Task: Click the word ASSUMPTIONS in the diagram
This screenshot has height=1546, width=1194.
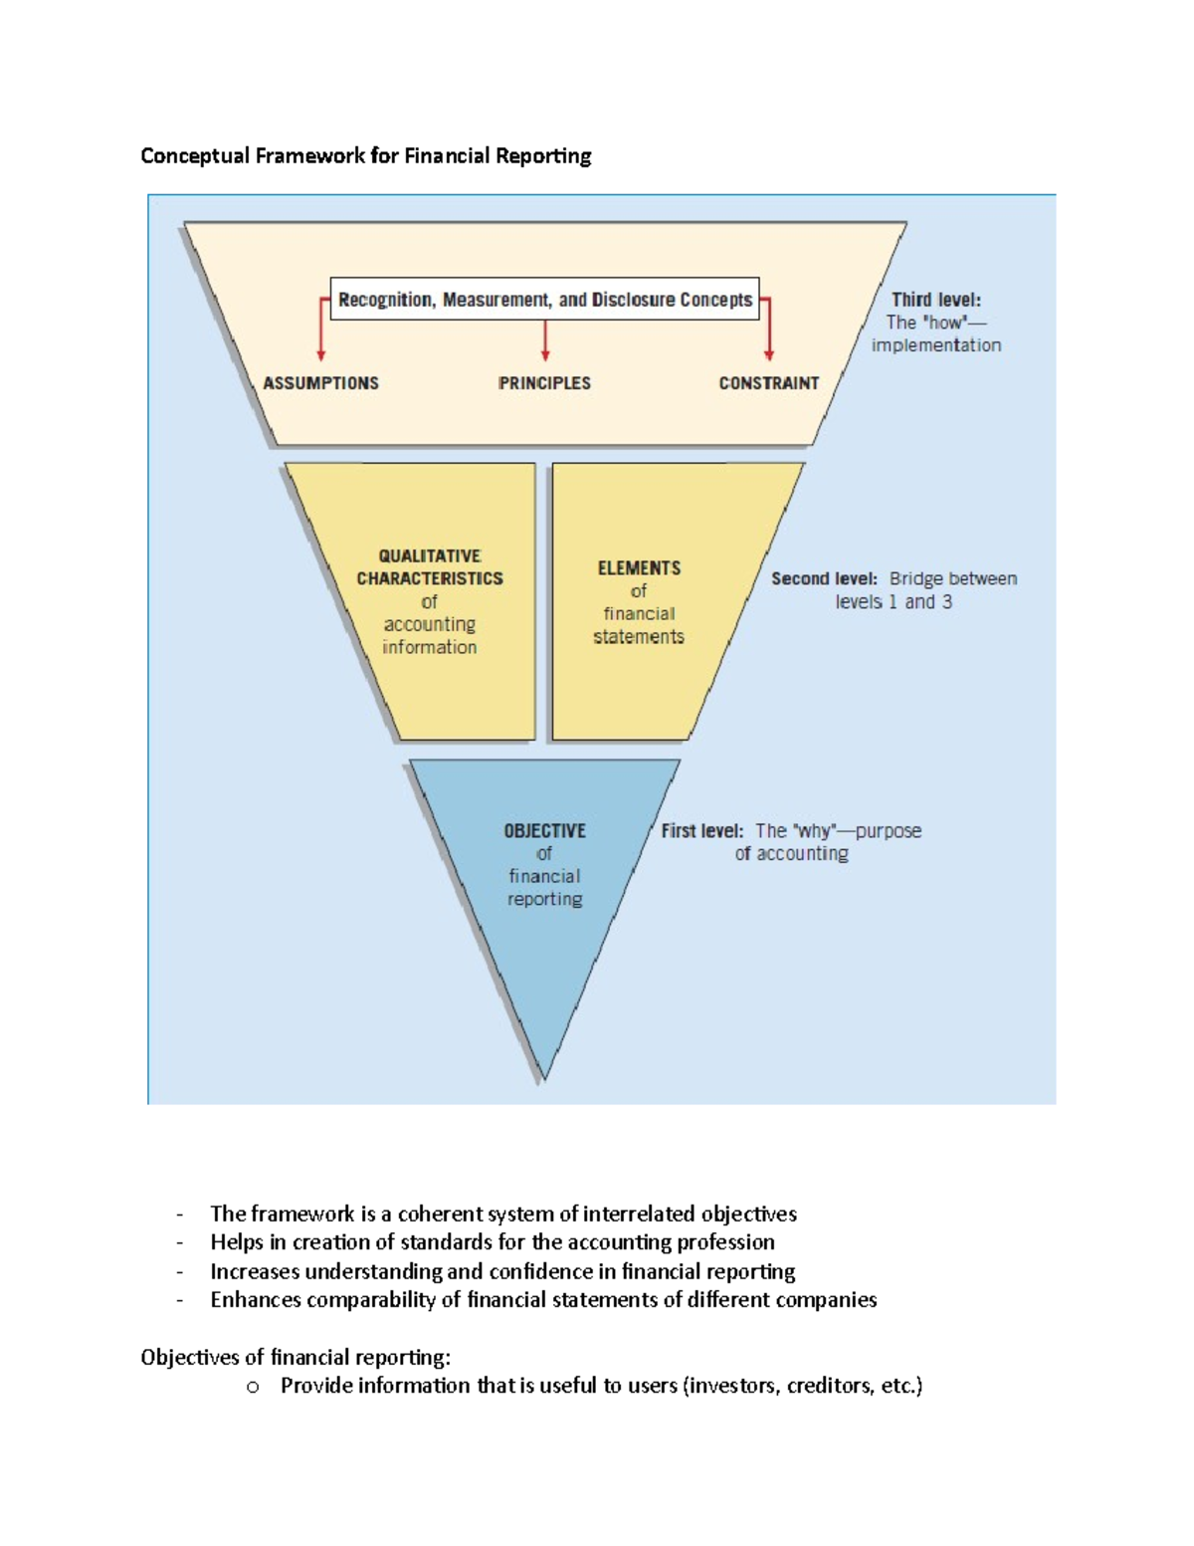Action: (320, 383)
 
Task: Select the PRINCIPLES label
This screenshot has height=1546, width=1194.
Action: (544, 383)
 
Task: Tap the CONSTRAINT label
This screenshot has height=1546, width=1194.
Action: (768, 383)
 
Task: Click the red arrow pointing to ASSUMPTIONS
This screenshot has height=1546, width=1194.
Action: (320, 333)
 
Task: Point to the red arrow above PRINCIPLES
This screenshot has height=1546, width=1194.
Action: (545, 340)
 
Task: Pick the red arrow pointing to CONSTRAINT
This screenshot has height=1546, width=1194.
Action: (768, 333)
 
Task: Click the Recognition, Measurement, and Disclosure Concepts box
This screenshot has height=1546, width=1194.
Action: (544, 300)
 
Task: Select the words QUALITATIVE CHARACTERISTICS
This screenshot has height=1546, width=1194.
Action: (430, 567)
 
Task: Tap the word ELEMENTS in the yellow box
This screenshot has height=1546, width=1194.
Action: (639, 568)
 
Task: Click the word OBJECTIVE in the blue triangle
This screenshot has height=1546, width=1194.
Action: (544, 831)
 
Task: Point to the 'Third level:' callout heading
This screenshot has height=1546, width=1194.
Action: (935, 300)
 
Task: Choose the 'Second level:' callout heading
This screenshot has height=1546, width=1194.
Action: (824, 579)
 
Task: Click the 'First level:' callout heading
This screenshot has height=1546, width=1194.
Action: (701, 831)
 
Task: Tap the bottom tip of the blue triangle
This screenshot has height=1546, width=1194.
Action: (544, 1075)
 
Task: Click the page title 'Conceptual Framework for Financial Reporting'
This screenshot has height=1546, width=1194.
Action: (365, 156)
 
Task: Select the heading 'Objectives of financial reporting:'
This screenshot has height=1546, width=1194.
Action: (296, 1358)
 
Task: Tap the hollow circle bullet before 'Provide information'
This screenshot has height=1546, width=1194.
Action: (253, 1387)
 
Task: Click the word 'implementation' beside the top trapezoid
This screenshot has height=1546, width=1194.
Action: (936, 345)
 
